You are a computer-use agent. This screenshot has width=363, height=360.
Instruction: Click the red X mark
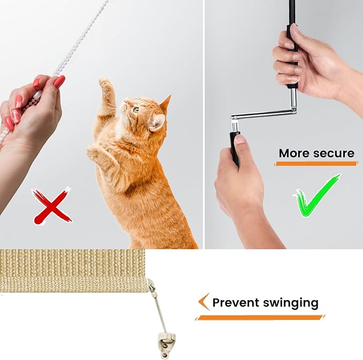(52, 206)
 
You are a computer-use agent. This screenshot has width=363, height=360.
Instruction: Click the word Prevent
(236, 302)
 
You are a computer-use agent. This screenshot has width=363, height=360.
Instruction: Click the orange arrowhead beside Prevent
(203, 301)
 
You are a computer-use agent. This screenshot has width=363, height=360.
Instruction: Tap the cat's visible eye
(136, 109)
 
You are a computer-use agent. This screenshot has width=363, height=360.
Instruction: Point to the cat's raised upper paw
(105, 83)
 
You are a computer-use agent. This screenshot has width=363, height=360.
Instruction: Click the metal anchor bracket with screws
(166, 342)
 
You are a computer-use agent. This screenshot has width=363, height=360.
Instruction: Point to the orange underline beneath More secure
(316, 163)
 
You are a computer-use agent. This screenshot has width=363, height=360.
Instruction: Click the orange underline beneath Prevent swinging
(260, 317)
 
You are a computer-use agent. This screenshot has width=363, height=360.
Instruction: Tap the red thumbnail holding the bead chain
(59, 81)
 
